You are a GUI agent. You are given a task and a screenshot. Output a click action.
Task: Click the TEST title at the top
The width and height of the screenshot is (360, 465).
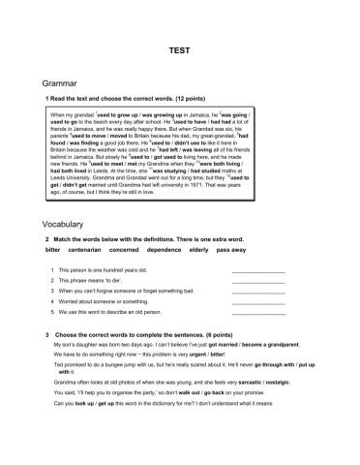pos(180,46)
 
